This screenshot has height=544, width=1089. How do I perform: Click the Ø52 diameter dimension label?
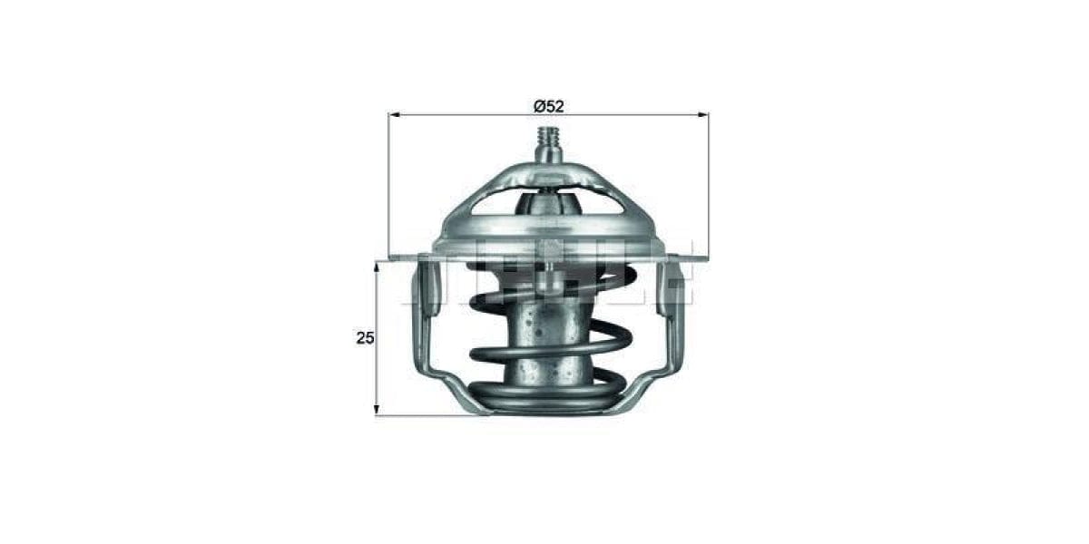click(548, 105)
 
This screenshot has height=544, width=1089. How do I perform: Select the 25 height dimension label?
click(365, 338)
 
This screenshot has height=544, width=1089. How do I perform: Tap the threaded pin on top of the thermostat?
click(548, 142)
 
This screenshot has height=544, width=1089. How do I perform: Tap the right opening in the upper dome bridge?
click(600, 199)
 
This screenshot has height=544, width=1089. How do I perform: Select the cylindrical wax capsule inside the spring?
click(546, 345)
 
